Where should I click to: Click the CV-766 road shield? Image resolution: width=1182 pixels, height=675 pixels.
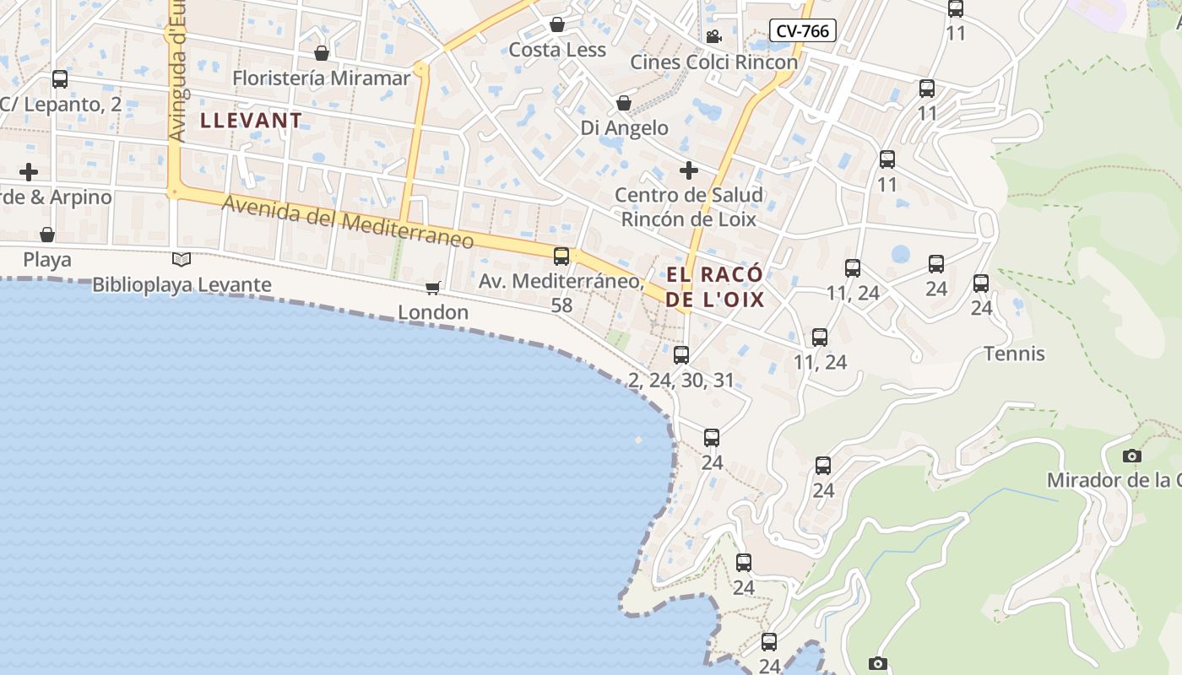803,31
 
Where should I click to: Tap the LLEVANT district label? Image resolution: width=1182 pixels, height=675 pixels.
251,120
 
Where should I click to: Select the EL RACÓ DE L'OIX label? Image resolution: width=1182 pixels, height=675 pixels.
715,287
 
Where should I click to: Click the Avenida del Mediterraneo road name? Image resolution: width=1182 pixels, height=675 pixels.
348,221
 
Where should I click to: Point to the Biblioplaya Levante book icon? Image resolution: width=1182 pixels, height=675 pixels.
182,259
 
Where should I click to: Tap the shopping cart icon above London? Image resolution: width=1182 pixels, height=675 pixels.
433,288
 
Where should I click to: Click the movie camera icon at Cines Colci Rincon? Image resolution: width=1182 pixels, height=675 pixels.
713,36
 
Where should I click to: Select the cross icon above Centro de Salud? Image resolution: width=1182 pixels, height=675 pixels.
688,170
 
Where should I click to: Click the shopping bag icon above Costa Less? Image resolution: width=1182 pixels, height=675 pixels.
557,24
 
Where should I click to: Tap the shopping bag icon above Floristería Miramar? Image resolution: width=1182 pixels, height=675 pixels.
322,53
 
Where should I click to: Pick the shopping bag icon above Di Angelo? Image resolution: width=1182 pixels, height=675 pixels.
624,103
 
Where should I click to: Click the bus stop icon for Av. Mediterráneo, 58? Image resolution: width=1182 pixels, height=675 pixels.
561,256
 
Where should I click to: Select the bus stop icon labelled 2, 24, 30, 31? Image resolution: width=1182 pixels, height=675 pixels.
681,354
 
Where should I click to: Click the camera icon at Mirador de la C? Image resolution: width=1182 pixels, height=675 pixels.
1132,456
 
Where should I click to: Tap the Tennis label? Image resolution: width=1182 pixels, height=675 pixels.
1014,354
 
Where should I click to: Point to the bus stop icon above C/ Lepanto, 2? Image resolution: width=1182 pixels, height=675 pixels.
59,79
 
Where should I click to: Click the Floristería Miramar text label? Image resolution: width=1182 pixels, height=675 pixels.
321,78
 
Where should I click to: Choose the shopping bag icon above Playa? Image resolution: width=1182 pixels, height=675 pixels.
47,234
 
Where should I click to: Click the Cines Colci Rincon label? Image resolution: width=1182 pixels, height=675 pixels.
713,62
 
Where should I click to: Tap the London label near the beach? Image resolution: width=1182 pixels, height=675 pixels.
433,312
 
